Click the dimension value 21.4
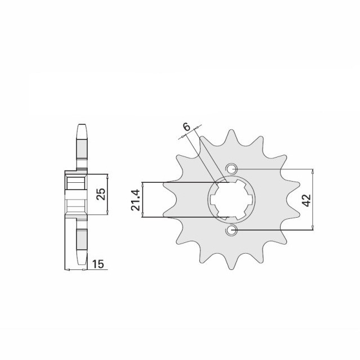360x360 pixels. (x=135, y=200)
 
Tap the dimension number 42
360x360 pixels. (x=307, y=200)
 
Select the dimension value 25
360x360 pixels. (x=101, y=194)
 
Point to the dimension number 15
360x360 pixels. (x=98, y=264)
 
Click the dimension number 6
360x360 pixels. (x=186, y=127)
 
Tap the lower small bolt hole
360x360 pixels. (x=231, y=230)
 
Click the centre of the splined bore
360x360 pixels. (x=231, y=199)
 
